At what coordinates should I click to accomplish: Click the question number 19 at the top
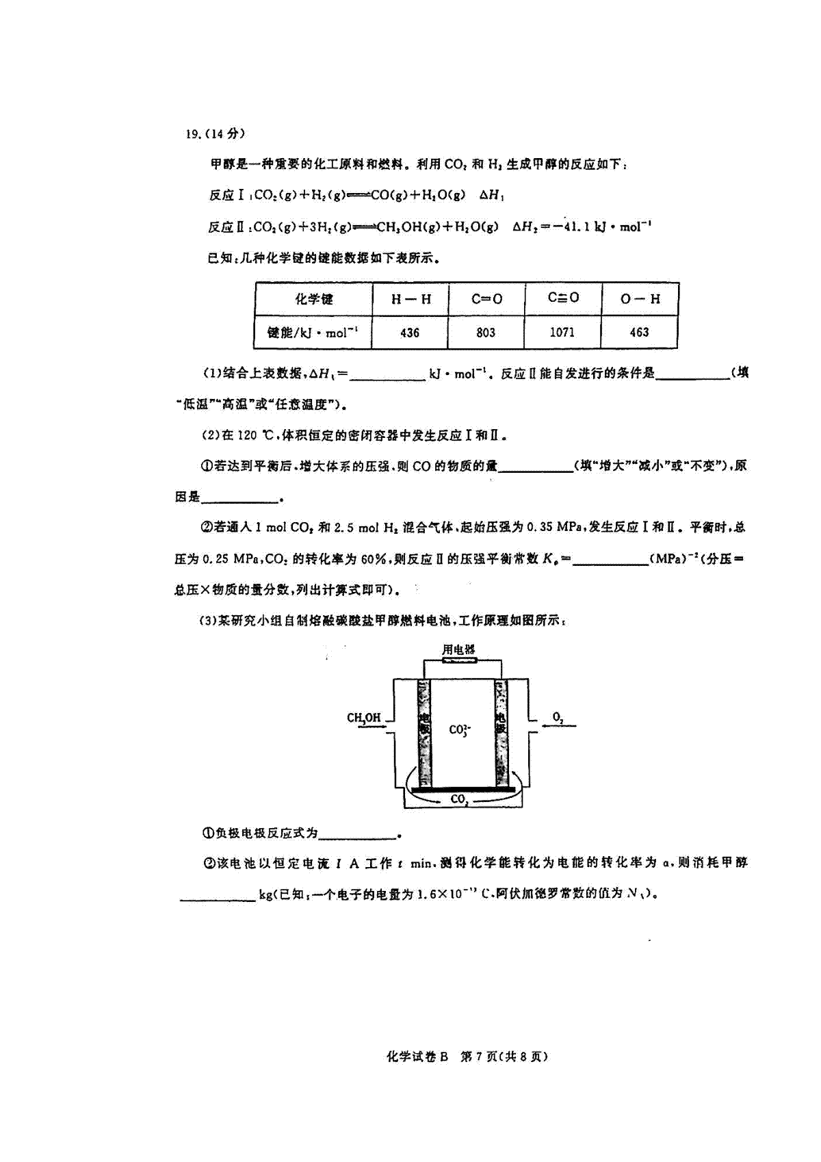click(x=192, y=134)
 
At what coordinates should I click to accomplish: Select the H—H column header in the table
click(x=411, y=299)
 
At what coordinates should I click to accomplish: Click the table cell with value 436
click(x=410, y=333)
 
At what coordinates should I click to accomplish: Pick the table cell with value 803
click(x=486, y=333)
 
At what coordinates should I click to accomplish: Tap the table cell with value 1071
click(x=562, y=333)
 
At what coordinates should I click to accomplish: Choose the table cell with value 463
click(x=639, y=333)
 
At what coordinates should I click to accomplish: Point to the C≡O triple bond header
click(x=563, y=298)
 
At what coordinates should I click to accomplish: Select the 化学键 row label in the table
click(x=314, y=299)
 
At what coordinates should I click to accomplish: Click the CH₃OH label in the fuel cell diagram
click(x=363, y=718)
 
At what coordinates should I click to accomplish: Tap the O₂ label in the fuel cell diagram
click(x=558, y=717)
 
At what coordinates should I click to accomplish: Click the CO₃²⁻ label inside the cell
click(x=459, y=730)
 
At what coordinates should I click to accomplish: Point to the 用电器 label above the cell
click(x=458, y=649)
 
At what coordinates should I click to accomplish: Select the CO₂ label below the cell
click(x=459, y=799)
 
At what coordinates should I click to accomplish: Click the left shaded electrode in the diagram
click(x=425, y=732)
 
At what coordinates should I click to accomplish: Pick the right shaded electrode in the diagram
click(x=501, y=732)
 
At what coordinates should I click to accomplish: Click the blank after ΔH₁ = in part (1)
click(x=387, y=375)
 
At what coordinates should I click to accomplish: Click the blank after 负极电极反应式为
click(x=358, y=834)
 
